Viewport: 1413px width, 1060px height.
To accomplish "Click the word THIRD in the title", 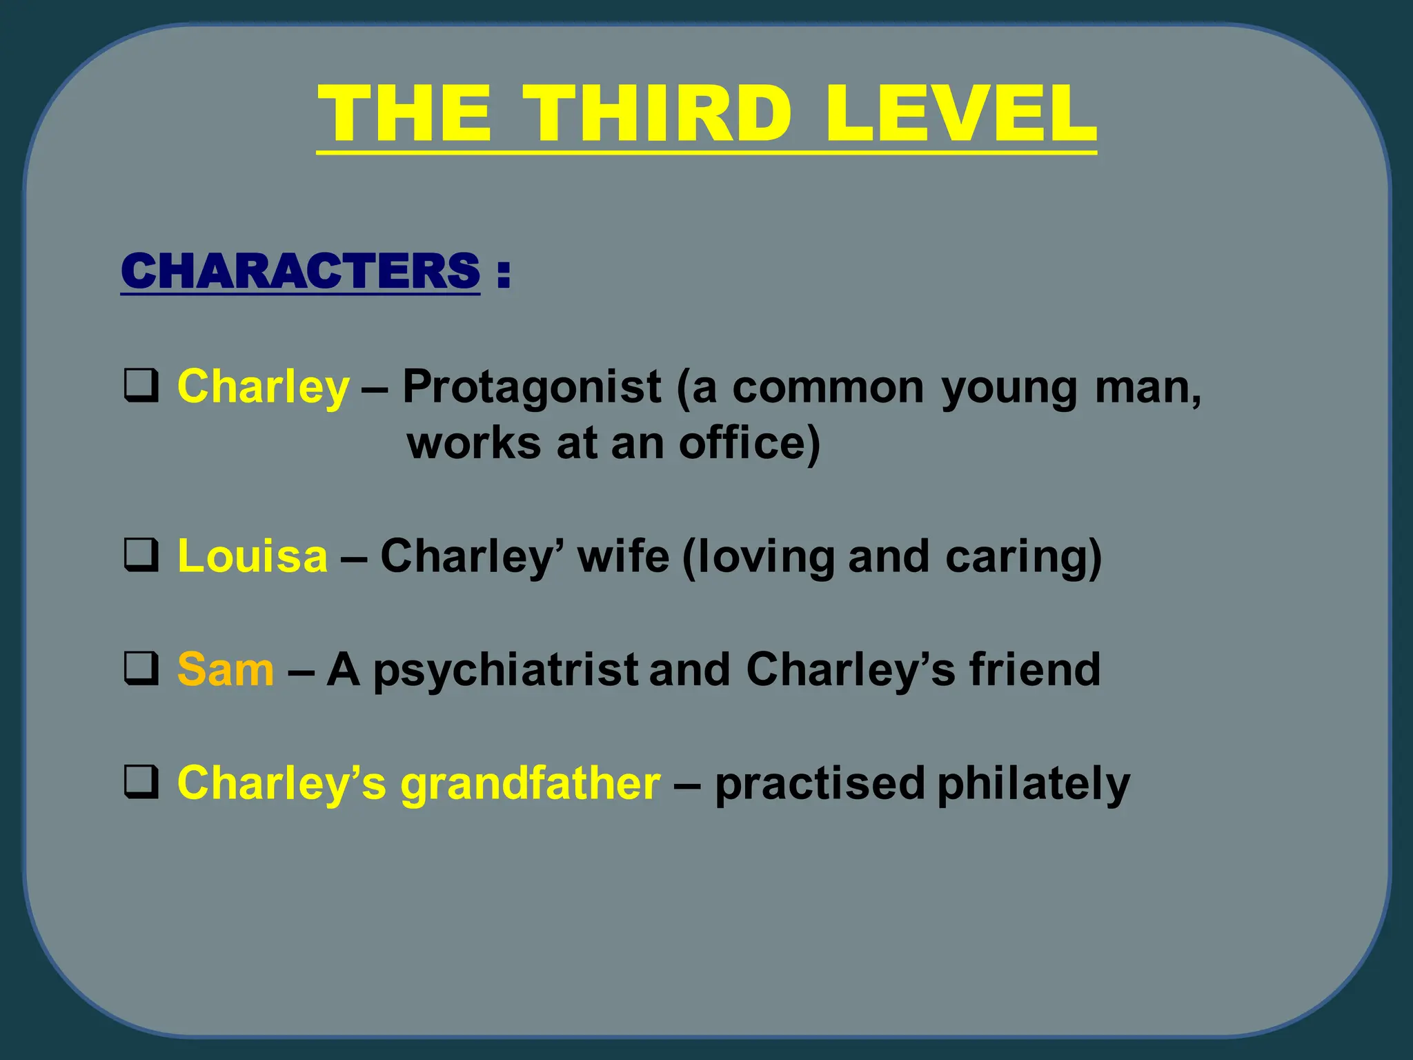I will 656,113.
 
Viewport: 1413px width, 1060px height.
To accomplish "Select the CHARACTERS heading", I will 300,271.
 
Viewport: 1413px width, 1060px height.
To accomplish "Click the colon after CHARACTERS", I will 503,272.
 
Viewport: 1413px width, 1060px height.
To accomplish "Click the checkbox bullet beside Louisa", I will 141,556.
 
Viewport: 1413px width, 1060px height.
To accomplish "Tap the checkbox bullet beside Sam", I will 141,669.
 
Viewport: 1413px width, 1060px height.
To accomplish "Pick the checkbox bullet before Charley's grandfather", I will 141,783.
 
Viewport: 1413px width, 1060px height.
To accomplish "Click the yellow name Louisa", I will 253,556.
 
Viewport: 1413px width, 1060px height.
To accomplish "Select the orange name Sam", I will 226,669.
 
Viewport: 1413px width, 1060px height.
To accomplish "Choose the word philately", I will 1034,784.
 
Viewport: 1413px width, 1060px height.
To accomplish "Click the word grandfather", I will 531,784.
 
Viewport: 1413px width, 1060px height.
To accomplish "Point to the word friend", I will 1035,669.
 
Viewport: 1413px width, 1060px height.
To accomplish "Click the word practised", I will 820,784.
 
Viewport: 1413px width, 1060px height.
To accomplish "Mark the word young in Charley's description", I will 1009,388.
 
